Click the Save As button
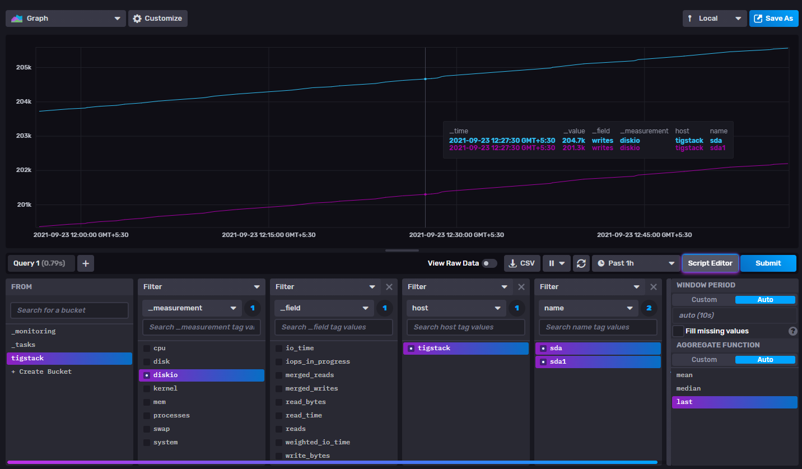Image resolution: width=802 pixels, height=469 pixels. pyautogui.click(x=773, y=18)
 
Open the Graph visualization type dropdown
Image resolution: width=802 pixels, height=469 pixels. pyautogui.click(x=66, y=18)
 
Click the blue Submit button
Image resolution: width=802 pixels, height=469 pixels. pyautogui.click(x=768, y=263)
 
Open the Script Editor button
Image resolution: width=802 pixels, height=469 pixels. pyautogui.click(x=710, y=263)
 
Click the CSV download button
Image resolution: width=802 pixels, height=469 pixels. pyautogui.click(x=522, y=263)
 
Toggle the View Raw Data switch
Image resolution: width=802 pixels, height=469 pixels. pyautogui.click(x=489, y=263)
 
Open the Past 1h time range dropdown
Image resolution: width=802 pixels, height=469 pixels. pyautogui.click(x=636, y=263)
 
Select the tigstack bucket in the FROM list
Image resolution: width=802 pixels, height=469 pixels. pyautogui.click(x=69, y=358)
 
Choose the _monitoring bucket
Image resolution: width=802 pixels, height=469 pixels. pyautogui.click(x=34, y=331)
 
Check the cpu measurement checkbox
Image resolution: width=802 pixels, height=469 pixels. pyautogui.click(x=147, y=348)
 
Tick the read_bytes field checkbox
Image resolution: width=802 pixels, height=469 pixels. pyautogui.click(x=279, y=402)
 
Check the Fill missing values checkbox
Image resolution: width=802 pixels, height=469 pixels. pyautogui.click(x=678, y=331)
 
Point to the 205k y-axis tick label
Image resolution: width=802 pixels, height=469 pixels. pyautogui.click(x=24, y=67)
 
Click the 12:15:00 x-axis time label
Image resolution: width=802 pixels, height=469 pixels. pyautogui.click(x=268, y=235)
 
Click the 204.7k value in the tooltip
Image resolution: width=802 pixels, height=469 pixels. pyautogui.click(x=573, y=141)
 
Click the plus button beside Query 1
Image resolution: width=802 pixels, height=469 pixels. pyautogui.click(x=86, y=263)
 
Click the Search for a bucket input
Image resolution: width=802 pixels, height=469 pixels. pyautogui.click(x=69, y=310)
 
